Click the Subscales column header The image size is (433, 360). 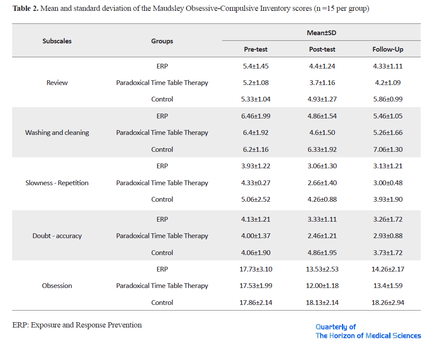click(x=57, y=41)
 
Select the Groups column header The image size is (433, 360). click(x=162, y=41)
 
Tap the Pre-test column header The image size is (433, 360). click(x=256, y=49)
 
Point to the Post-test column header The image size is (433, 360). click(x=322, y=49)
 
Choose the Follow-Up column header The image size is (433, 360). click(x=388, y=49)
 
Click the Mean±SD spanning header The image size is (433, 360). click(x=321, y=33)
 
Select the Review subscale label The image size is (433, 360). click(x=57, y=83)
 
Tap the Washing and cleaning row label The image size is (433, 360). click(x=57, y=133)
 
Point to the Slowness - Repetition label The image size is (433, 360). click(x=57, y=183)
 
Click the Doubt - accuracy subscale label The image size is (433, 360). click(x=57, y=236)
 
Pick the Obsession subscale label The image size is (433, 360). click(x=57, y=286)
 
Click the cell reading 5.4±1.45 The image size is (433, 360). click(x=256, y=66)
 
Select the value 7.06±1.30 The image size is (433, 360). click(x=388, y=149)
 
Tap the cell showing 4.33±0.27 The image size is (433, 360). click(x=256, y=183)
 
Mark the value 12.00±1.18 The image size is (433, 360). click(x=322, y=286)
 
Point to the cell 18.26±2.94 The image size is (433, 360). click(x=388, y=303)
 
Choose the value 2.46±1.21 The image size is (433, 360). click(x=322, y=236)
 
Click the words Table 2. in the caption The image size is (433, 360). click(x=26, y=9)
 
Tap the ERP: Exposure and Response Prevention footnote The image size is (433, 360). click(x=77, y=325)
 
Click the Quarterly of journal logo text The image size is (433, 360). click(x=335, y=327)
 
